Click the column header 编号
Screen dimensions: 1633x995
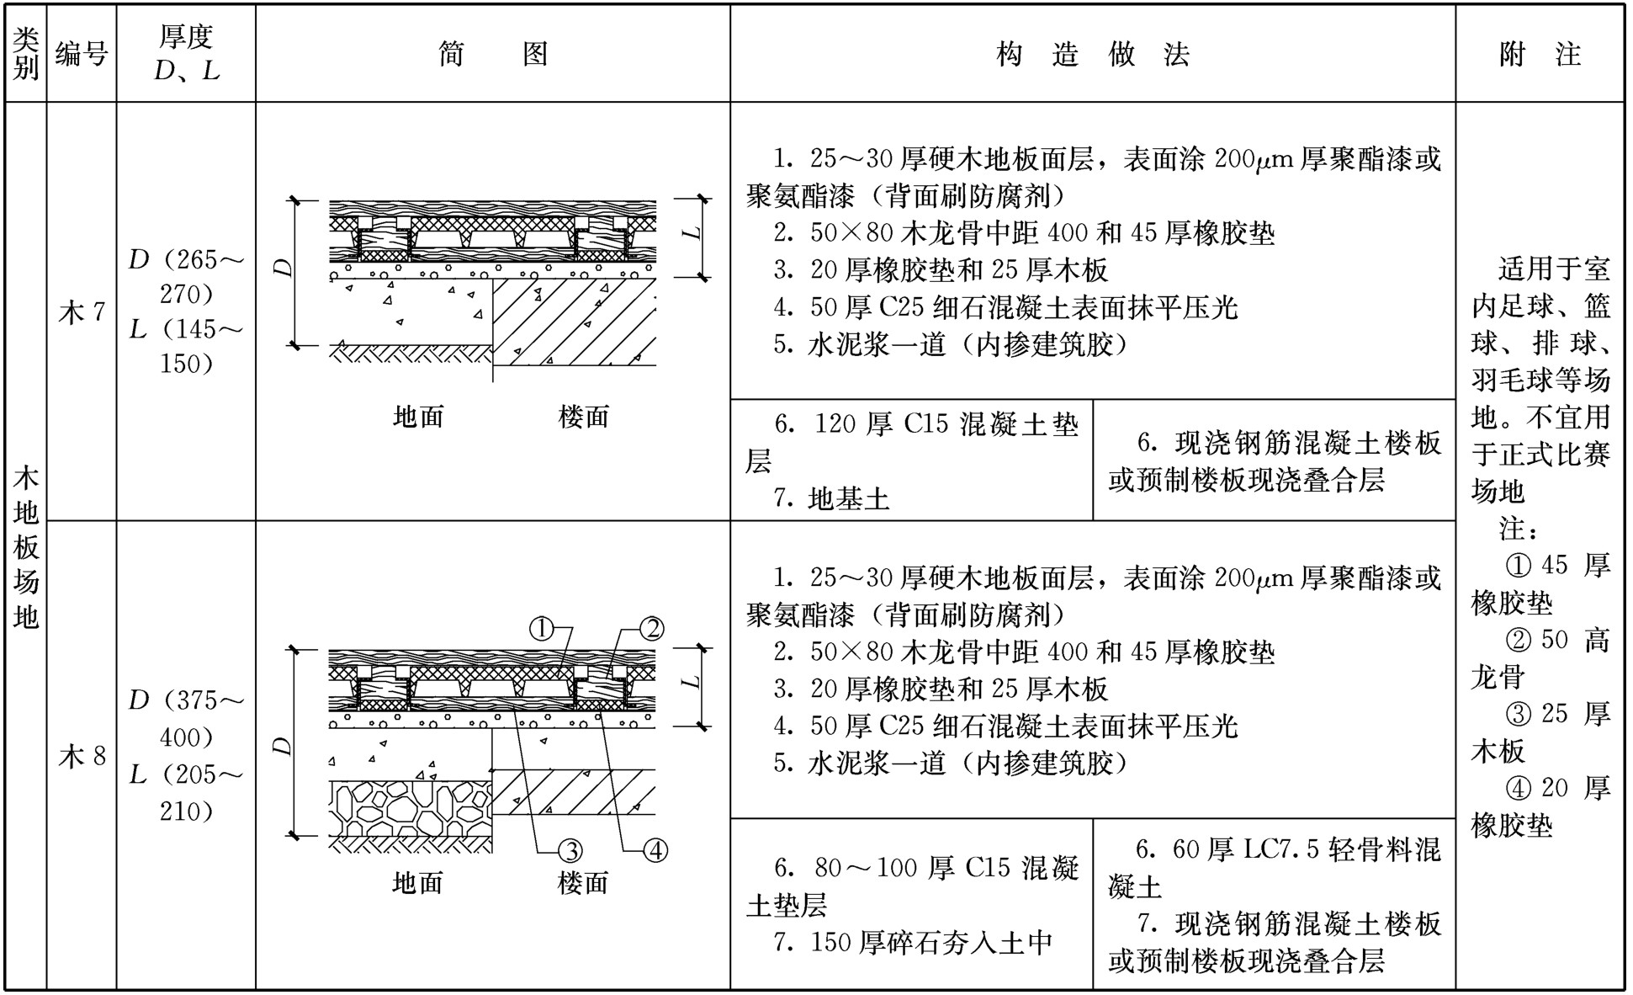pyautogui.click(x=82, y=55)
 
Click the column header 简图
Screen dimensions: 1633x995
pyautogui.click(x=493, y=55)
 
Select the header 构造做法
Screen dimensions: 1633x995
pyautogui.click(x=1093, y=55)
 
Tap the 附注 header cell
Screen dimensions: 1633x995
pyautogui.click(x=1540, y=55)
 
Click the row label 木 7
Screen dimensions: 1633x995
pyautogui.click(x=82, y=312)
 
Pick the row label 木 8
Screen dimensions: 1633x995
pyautogui.click(x=82, y=756)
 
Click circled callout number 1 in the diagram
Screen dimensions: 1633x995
pyautogui.click(x=542, y=628)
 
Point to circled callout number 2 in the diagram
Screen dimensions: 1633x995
pyautogui.click(x=652, y=628)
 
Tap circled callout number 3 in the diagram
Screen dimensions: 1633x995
pyautogui.click(x=571, y=851)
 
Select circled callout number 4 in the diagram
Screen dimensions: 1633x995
pyautogui.click(x=655, y=851)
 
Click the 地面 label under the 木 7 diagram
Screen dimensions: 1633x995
pyautogui.click(x=418, y=416)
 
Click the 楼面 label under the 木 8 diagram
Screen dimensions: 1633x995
pyautogui.click(x=583, y=882)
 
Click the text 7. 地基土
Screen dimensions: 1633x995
pyautogui.click(x=830, y=499)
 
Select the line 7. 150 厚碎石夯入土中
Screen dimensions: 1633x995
pyautogui.click(x=913, y=943)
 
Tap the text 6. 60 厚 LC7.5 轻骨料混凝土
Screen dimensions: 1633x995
pyautogui.click(x=1275, y=868)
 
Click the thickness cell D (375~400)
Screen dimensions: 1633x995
pyautogui.click(x=186, y=719)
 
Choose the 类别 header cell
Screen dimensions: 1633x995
pyautogui.click(x=26, y=54)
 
